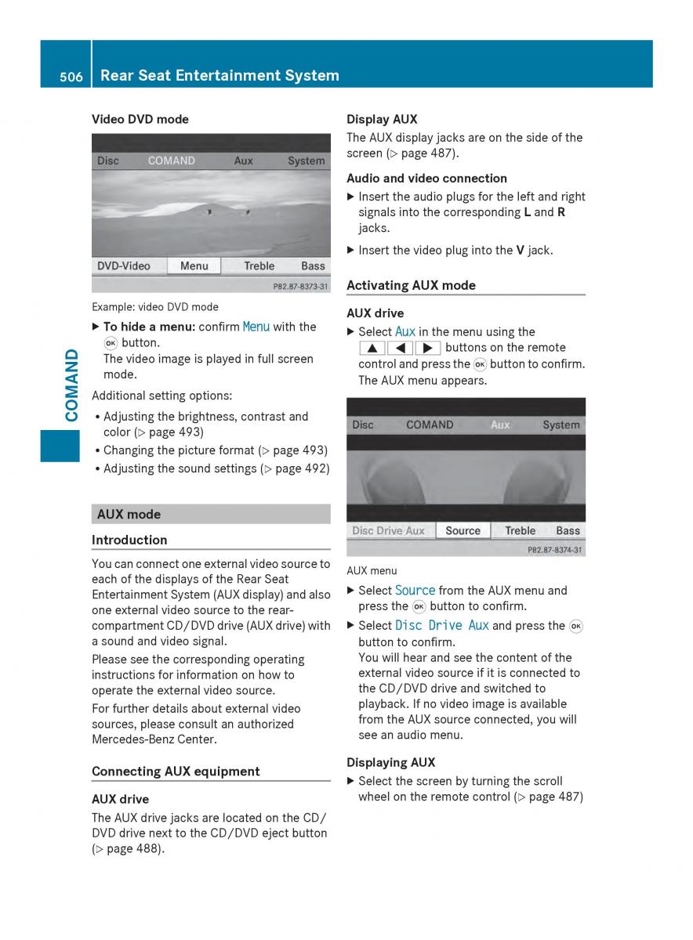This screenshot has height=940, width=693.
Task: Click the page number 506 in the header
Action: [71, 76]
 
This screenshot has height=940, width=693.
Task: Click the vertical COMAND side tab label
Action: [72, 385]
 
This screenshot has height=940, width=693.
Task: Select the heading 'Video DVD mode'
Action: [140, 119]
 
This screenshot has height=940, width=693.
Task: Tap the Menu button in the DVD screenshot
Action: [194, 266]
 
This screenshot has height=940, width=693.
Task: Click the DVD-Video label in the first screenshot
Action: [124, 266]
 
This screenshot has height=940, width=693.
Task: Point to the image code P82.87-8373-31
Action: [299, 287]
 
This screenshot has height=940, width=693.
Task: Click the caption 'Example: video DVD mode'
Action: [155, 307]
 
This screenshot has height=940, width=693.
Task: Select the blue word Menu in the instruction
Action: [256, 327]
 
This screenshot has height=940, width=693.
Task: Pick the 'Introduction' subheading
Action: [129, 540]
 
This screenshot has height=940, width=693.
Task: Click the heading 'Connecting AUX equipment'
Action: [176, 771]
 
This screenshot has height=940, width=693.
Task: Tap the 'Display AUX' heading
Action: [382, 119]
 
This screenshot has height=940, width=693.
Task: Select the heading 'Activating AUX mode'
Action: [411, 285]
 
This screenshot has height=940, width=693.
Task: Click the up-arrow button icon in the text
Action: [372, 348]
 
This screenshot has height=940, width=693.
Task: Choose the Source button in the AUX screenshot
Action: [463, 530]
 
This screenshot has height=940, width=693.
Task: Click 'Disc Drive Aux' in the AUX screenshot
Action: [388, 530]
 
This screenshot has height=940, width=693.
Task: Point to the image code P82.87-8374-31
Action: [554, 551]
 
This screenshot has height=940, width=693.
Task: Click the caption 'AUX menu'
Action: [372, 571]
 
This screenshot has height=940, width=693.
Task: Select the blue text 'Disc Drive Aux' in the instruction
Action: [442, 625]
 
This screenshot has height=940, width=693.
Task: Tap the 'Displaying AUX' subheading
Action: [390, 762]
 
